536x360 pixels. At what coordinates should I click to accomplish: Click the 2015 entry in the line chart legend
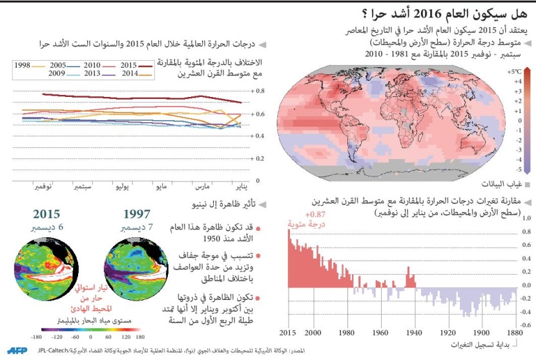coord(128,65)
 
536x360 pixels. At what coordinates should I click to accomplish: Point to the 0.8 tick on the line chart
coord(259,91)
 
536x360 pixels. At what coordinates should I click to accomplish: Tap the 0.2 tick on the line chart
coord(259,158)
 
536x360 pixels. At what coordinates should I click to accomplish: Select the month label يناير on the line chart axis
coord(240,187)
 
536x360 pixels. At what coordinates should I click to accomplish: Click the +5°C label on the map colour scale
coord(514,72)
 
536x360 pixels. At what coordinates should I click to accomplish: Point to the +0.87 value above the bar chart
coord(298,214)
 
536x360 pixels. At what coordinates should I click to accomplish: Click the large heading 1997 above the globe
coord(136,214)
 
